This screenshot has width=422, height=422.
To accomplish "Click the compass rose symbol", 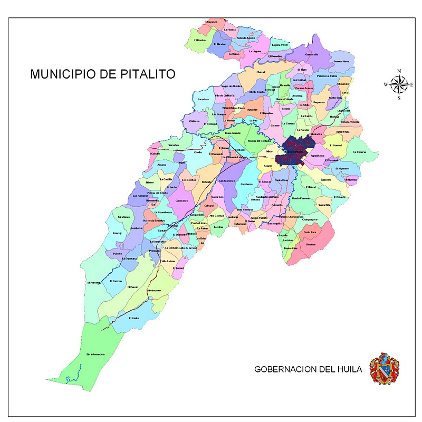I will pos(399,84).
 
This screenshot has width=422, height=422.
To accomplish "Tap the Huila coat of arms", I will pos(384,368).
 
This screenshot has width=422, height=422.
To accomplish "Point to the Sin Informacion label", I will pos(95,354).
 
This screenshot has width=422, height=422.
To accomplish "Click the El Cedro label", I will pos(135,318).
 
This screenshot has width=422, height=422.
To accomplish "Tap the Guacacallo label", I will pos(312,54).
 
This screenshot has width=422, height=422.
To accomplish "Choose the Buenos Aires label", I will pos(341,61).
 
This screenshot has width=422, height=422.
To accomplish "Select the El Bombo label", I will pos(199,40).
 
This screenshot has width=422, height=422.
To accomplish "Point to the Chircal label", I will pos(260,72).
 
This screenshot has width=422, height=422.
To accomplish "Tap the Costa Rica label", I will pos(310,232).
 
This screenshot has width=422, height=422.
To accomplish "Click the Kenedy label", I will pos(117,233).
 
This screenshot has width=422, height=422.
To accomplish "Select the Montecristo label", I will pos(154,291).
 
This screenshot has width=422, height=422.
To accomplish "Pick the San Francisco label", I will pos(227,180).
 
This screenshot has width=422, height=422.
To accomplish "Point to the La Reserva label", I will pos(360,152).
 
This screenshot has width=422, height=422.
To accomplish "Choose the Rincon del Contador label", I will pos(260,141).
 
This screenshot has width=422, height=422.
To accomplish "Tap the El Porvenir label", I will pos(93,283).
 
